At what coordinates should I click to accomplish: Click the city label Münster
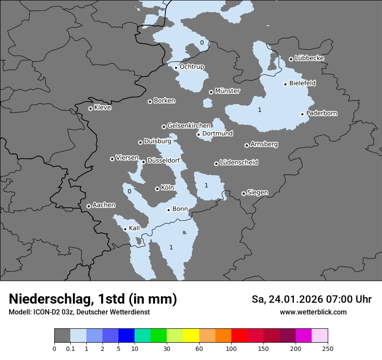227,91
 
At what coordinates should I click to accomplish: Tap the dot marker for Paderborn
302,114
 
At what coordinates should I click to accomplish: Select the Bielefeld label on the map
302,83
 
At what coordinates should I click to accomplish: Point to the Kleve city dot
90,108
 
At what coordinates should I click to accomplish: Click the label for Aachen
104,205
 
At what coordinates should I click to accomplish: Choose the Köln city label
167,188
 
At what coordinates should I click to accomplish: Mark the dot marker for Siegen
244,193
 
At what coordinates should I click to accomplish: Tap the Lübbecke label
309,58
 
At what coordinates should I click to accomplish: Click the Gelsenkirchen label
189,126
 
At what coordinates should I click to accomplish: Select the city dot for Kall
125,229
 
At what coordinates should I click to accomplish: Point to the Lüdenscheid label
239,163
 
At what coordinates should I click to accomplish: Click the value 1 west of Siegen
206,185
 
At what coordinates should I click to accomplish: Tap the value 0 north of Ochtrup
201,43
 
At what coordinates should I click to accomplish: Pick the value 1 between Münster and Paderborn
260,110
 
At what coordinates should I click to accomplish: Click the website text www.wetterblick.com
313,312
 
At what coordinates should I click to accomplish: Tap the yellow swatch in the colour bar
191,336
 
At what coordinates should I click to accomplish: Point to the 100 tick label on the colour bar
231,348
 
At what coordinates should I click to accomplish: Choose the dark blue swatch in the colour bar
126,336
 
